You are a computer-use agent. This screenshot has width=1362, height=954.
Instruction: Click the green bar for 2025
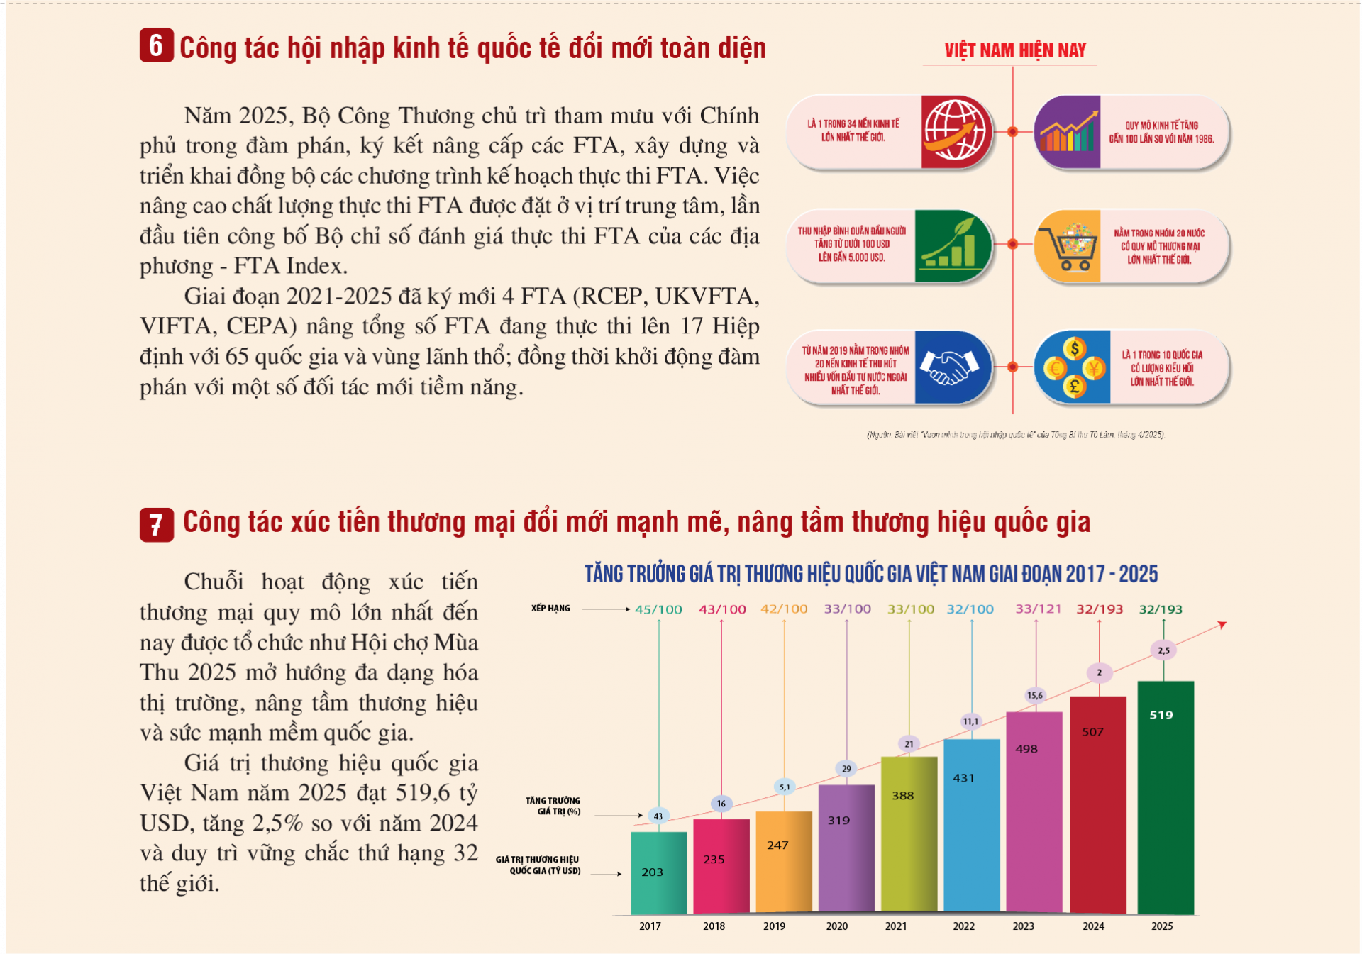[1166, 798]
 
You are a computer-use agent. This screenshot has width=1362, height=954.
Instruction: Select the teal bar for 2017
[658, 872]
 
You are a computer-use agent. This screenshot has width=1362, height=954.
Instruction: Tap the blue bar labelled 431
[971, 826]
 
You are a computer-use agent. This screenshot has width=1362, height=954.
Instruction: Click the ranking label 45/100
[658, 609]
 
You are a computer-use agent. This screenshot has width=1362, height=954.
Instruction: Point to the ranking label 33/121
[1038, 609]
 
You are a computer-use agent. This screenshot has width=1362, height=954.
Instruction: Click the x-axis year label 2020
[836, 926]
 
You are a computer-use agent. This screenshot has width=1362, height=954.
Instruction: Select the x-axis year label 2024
[1093, 926]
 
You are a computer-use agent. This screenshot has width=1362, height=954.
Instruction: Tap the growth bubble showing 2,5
[1163, 650]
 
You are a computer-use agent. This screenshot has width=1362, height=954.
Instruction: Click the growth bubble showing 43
[658, 816]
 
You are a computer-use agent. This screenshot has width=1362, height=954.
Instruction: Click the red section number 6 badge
[156, 46]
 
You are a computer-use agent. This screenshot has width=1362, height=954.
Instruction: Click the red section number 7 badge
[156, 525]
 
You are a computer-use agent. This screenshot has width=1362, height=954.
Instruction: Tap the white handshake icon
[949, 367]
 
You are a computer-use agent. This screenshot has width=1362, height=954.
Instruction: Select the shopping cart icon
[1068, 246]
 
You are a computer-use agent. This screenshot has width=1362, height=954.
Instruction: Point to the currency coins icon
[1073, 367]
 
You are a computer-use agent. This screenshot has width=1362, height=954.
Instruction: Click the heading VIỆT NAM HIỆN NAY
[1014, 51]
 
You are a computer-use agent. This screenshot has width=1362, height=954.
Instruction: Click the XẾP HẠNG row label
[550, 609]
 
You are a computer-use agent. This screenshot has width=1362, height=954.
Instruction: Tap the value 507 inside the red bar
[1092, 732]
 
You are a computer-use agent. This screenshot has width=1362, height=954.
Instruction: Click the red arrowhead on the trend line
[1222, 625]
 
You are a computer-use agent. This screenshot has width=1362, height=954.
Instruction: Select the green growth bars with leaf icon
[951, 246]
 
